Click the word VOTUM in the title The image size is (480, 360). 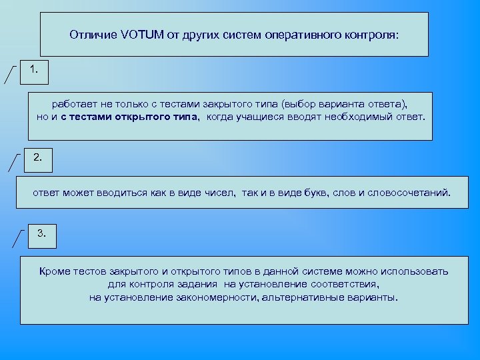[x=143, y=34]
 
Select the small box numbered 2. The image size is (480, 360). [x=38, y=159]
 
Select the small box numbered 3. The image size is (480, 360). [x=41, y=235]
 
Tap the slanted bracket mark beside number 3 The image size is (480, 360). [x=19, y=237]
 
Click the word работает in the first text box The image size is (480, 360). [x=75, y=105]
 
